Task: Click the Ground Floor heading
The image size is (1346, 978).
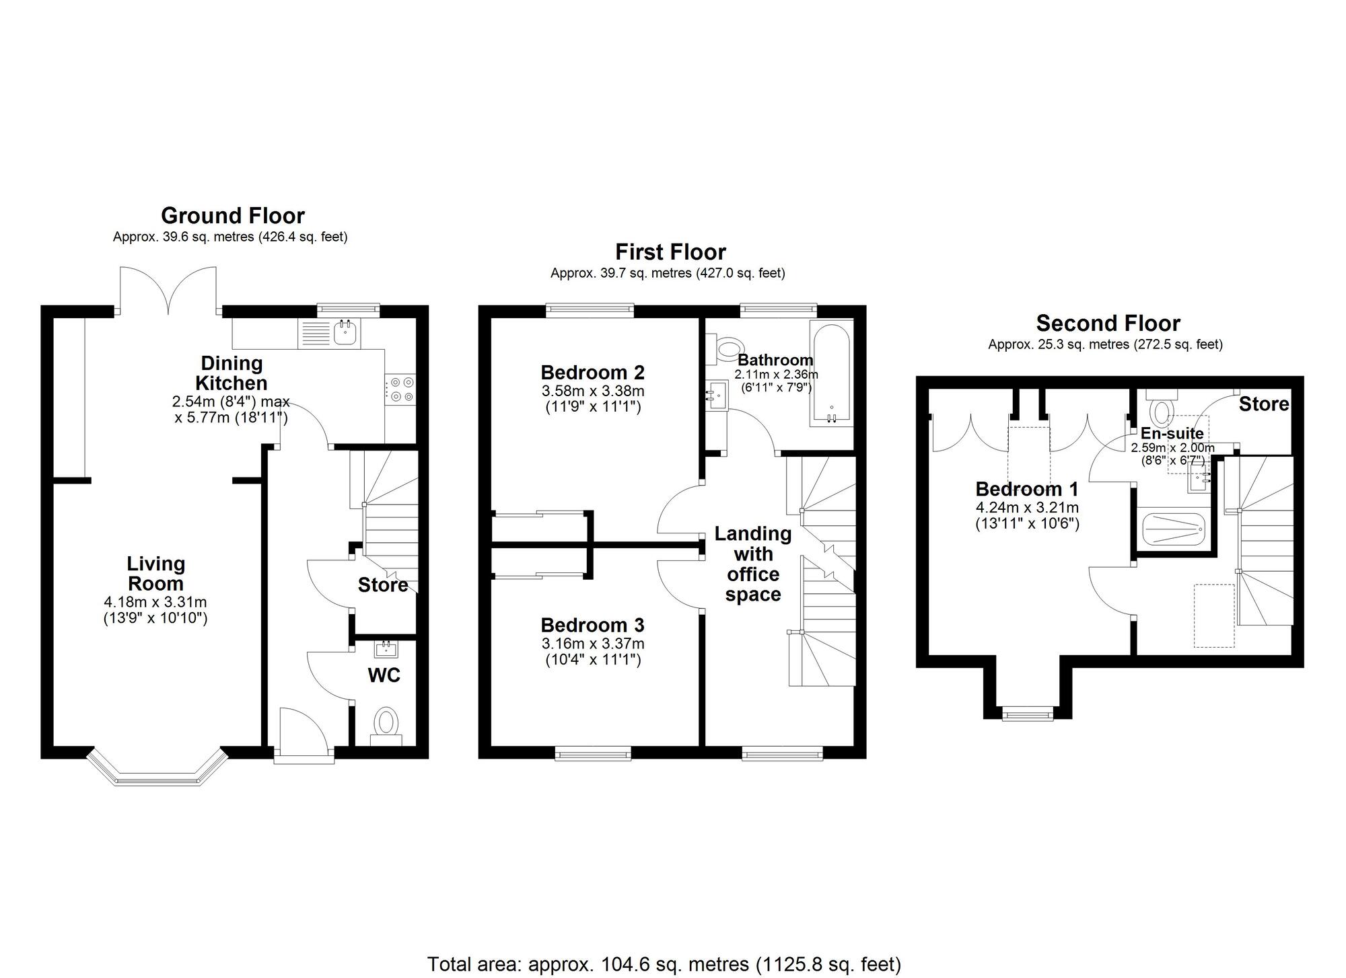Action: pyautogui.click(x=233, y=216)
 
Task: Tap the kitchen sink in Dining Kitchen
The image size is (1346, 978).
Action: pyautogui.click(x=347, y=332)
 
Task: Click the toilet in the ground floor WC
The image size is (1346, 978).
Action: pyautogui.click(x=386, y=725)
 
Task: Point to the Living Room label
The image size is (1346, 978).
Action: pyautogui.click(x=156, y=573)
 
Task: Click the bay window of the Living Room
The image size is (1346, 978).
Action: pyautogui.click(x=157, y=767)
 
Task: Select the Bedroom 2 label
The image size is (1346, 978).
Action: pyautogui.click(x=593, y=372)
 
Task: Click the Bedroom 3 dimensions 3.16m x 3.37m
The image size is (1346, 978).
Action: pyautogui.click(x=593, y=644)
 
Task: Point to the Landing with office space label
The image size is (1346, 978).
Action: pyautogui.click(x=753, y=564)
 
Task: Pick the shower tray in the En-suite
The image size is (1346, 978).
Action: pyautogui.click(x=1173, y=531)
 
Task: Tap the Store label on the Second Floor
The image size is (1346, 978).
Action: pyautogui.click(x=1264, y=404)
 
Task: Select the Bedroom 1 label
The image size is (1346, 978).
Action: pyautogui.click(x=1027, y=489)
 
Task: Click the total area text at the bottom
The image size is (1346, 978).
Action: pyautogui.click(x=664, y=964)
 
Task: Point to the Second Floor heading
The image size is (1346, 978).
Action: pyautogui.click(x=1108, y=324)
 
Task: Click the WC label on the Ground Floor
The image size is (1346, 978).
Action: pyautogui.click(x=384, y=675)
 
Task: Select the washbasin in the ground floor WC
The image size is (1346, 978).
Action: pyautogui.click(x=386, y=649)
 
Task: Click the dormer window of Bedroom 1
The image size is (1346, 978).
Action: pyautogui.click(x=1028, y=713)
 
